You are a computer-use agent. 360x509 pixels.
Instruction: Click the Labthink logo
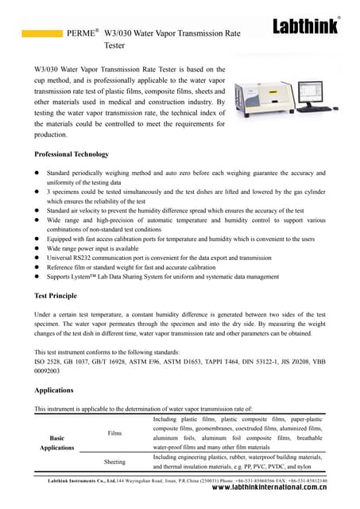click(305, 27)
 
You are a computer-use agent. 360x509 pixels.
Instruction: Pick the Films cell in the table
click(114, 433)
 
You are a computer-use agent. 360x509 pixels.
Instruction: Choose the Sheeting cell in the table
click(114, 462)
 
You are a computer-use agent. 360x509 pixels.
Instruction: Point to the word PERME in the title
click(83, 35)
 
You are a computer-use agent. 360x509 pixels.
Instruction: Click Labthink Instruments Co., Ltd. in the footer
click(77, 481)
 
